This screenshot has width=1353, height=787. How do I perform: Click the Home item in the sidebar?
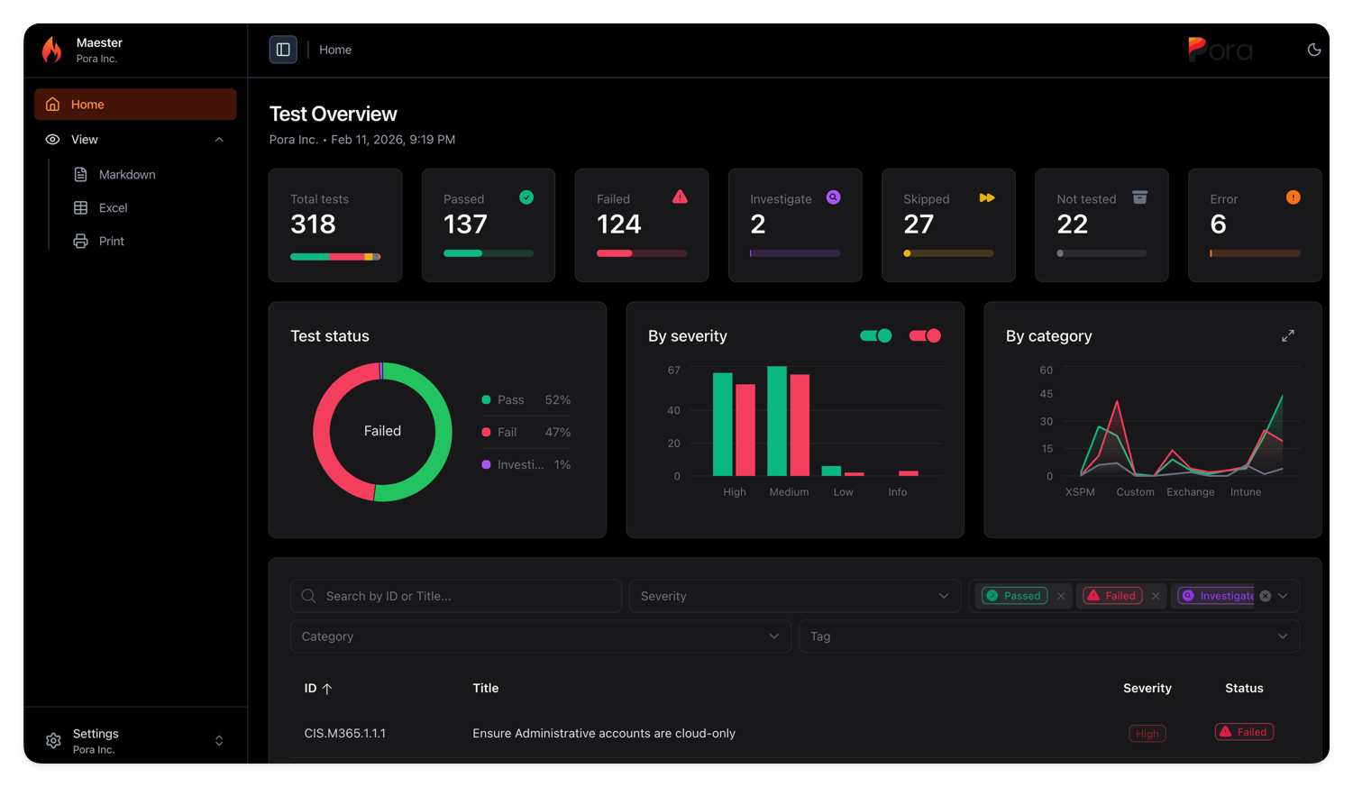pyautogui.click(x=135, y=105)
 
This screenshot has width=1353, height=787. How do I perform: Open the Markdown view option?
pyautogui.click(x=126, y=175)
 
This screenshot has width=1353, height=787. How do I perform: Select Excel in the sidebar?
pyautogui.click(x=113, y=208)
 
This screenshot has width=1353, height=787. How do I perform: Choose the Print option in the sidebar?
pyautogui.click(x=111, y=242)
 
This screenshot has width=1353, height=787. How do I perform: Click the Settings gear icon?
pyautogui.click(x=53, y=741)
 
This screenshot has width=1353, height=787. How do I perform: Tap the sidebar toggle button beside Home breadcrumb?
pyautogui.click(x=283, y=50)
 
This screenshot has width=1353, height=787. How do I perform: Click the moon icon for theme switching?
pyautogui.click(x=1313, y=50)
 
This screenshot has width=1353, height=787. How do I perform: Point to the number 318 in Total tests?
pyautogui.click(x=314, y=224)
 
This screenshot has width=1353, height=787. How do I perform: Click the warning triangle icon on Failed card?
pyautogui.click(x=680, y=197)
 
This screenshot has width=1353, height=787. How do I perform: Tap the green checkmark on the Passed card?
pyautogui.click(x=526, y=197)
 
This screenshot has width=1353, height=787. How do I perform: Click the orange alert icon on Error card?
pyautogui.click(x=1293, y=197)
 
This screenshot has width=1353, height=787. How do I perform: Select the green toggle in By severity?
pyautogui.click(x=875, y=336)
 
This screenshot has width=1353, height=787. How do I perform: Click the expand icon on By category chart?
pyautogui.click(x=1287, y=336)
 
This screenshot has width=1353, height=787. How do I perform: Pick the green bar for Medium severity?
pyautogui.click(x=777, y=421)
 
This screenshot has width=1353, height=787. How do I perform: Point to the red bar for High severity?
pyautogui.click(x=745, y=430)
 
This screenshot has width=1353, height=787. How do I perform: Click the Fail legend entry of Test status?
pyautogui.click(x=507, y=433)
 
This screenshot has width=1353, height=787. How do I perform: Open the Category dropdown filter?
pyautogui.click(x=540, y=636)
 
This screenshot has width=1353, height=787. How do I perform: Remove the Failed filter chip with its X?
pyautogui.click(x=1156, y=596)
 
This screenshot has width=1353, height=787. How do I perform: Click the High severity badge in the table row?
pyautogui.click(x=1147, y=734)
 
